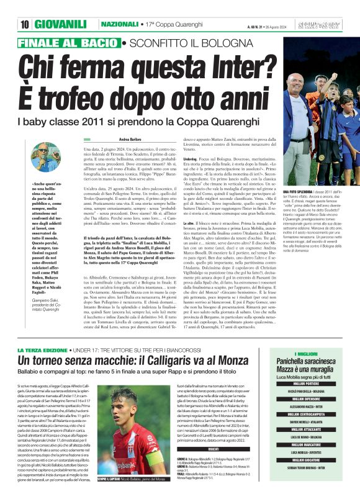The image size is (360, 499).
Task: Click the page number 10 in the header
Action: point(25,24)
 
